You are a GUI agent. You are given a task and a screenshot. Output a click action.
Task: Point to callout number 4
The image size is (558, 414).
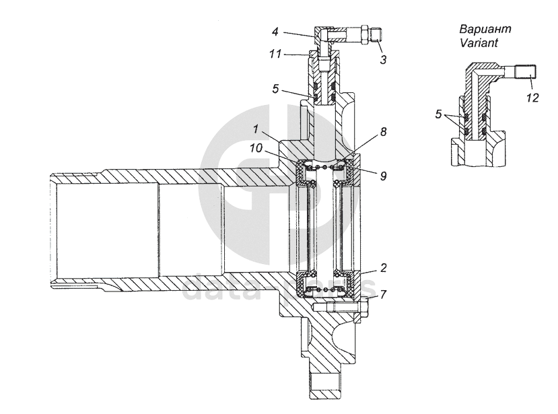click(275, 31)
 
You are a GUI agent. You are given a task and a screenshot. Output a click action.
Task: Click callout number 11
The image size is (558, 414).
click(275, 55)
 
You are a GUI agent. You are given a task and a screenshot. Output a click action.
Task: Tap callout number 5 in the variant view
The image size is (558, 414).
click(438, 114)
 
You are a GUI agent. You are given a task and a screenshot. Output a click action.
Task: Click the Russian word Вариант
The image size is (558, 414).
click(486, 29)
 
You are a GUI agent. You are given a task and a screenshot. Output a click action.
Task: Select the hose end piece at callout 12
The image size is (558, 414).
click(526, 70)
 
